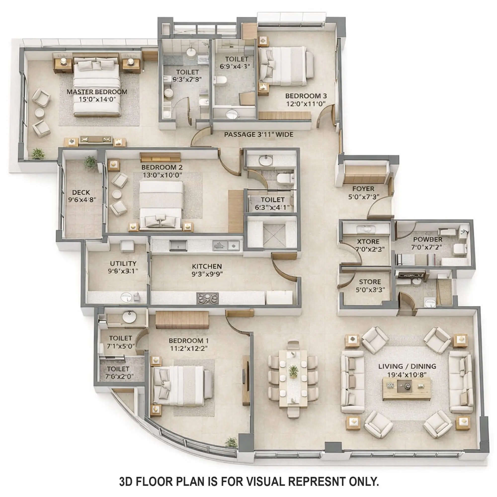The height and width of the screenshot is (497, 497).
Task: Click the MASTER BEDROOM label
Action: click(x=97, y=92)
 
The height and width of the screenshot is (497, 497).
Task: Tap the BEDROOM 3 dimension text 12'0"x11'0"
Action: click(x=306, y=104)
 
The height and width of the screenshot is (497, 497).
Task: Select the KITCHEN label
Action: click(x=207, y=266)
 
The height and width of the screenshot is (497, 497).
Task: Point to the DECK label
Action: click(x=81, y=192)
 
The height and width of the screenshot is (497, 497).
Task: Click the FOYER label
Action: click(x=363, y=189)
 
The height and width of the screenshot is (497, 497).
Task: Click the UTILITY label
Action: click(x=123, y=264)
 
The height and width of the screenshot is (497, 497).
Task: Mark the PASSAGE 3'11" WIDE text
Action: click(x=258, y=134)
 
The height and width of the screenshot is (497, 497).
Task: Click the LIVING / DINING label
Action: click(x=407, y=366)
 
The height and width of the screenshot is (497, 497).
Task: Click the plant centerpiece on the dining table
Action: click(x=293, y=371)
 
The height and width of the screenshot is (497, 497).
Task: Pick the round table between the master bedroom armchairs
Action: click(x=40, y=113)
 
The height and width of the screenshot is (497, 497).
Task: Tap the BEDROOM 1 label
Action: click(x=189, y=341)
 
